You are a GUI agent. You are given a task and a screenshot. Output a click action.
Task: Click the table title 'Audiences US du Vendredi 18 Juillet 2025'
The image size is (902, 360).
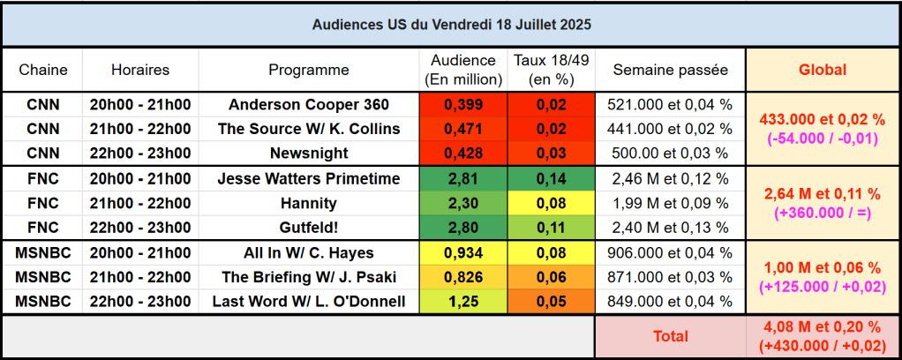pos(451,25)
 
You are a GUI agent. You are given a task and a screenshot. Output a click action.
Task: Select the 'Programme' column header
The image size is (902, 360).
pos(309,70)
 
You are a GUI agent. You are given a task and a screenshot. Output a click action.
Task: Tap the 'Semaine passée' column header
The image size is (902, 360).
pos(670,70)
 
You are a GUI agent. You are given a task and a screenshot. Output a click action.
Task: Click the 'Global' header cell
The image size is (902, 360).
pos(822,70)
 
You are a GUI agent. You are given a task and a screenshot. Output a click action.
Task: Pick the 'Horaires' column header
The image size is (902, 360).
pos(140,70)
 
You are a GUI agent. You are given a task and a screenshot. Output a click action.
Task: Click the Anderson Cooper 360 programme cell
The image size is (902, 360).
pos(309,104)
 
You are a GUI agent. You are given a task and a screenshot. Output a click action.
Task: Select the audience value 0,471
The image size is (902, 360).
pos(464,129)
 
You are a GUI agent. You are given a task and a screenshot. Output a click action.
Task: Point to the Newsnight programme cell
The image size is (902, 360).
pos(309,153)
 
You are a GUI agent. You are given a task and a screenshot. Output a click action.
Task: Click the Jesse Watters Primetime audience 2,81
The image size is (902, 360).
pos(464,178)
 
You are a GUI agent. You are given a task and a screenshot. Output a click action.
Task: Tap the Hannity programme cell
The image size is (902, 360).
pos(309,203)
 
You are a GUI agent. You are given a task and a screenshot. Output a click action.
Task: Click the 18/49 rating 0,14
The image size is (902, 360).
pos(552,178)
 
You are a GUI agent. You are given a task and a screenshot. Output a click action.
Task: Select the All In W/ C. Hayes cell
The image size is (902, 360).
pos(309,252)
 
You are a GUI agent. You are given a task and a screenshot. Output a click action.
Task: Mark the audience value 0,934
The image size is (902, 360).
pos(464,252)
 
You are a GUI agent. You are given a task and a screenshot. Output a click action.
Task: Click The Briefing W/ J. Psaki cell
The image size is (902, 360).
pos(309,277)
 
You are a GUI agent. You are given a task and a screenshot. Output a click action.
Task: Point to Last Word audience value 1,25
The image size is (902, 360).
pos(464,302)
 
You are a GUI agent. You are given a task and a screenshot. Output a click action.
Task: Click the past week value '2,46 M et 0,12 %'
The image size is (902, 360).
pos(670,178)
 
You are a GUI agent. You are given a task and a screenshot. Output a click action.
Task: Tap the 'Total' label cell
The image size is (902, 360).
pos(670,336)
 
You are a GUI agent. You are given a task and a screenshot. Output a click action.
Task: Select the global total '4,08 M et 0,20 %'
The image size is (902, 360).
pos(822,327)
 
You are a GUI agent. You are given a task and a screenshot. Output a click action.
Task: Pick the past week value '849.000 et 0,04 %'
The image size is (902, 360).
pos(670,302)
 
